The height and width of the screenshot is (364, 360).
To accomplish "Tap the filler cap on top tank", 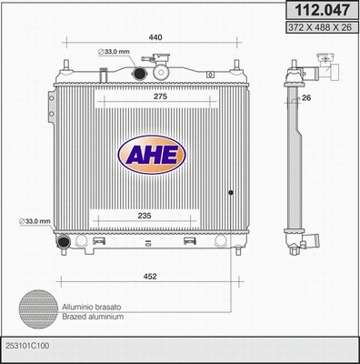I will point(164,67).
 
